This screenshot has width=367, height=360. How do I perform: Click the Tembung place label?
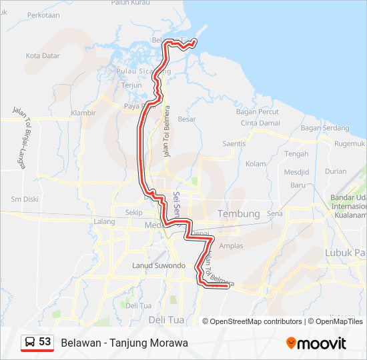click(x=239, y=213)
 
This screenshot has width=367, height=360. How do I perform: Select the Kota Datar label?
click(x=43, y=56)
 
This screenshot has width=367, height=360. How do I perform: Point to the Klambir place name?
click(x=83, y=113)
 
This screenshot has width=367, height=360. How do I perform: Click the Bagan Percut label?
click(x=258, y=111)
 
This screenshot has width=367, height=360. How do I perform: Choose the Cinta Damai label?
click(x=260, y=123)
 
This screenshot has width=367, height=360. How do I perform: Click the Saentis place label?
click(x=234, y=143)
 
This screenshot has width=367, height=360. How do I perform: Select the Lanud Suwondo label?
click(x=158, y=265)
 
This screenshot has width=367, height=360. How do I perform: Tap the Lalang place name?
click(x=105, y=221)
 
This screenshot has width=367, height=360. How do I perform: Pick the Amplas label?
click(x=232, y=246)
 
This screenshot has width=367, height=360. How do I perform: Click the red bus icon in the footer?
click(x=30, y=343)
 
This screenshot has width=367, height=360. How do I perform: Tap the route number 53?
click(x=45, y=342)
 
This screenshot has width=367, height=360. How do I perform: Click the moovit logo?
click(x=316, y=343)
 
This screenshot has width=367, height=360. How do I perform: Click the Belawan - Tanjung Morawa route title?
click(x=124, y=343)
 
